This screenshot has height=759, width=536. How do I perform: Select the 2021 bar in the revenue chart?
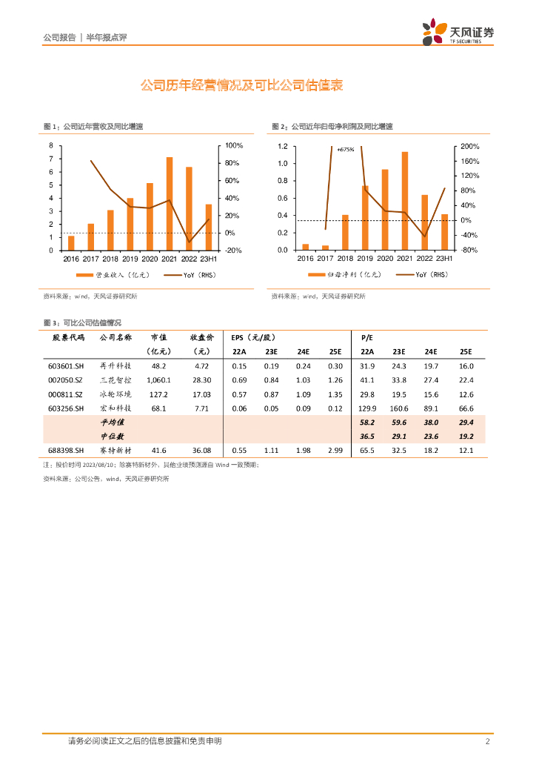coord(170,204)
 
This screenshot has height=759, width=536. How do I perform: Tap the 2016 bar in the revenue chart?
coord(71,243)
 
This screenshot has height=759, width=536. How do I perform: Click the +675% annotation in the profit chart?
coord(346,149)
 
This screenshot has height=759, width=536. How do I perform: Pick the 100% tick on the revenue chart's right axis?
coord(234,145)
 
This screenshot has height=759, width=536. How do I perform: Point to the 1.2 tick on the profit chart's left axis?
coord(283,146)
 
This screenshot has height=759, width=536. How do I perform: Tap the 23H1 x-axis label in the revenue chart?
coord(210,259)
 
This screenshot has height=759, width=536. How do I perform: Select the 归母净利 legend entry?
coord(348,274)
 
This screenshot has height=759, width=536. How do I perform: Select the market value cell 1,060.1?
coord(158,380)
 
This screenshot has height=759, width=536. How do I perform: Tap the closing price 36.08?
coord(201,450)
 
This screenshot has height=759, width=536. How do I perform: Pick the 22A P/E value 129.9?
coord(366,408)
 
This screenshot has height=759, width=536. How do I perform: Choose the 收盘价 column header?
coord(201,337)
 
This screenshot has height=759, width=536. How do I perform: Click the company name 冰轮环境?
coord(115,394)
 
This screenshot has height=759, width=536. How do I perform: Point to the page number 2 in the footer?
coord(487,741)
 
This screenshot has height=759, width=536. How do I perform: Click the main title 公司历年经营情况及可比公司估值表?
coord(241,86)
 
